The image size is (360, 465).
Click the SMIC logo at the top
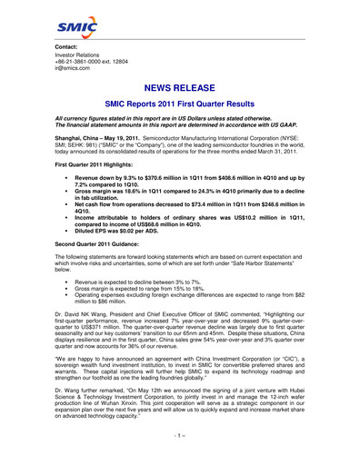click(x=74, y=27)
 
